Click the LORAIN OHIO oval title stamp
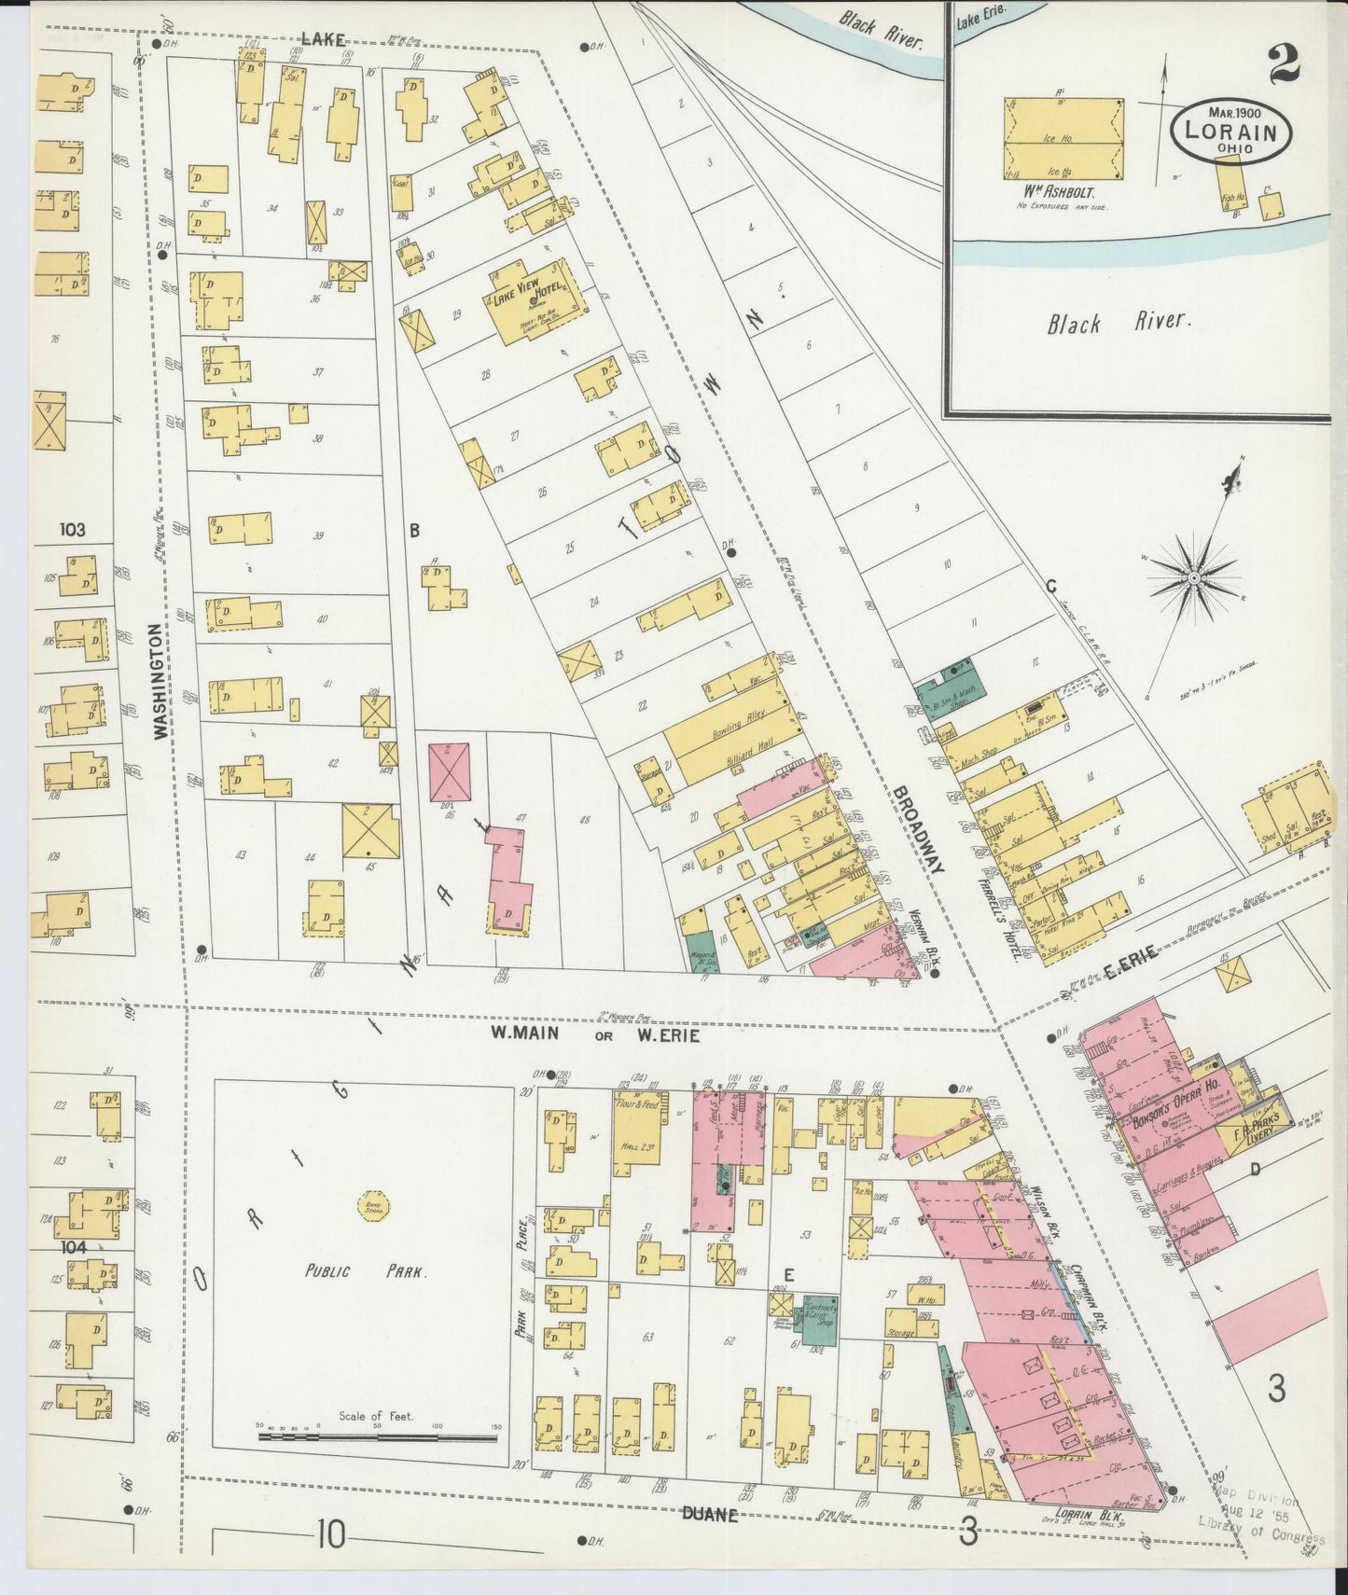[x=1230, y=132]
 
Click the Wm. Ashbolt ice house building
[x=1063, y=139]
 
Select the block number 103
[x=72, y=530]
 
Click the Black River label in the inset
[x=1119, y=323]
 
